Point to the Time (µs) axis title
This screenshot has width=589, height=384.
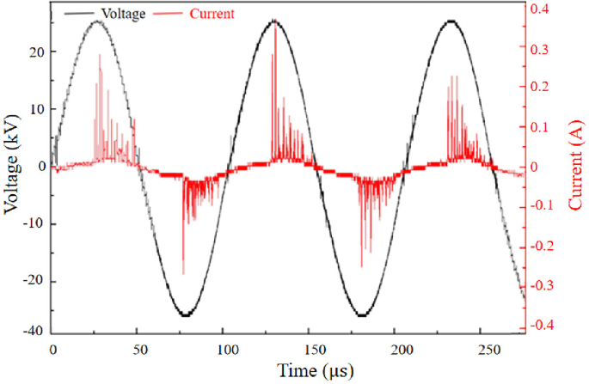tap(314, 370)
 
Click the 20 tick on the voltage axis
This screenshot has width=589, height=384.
tap(35, 52)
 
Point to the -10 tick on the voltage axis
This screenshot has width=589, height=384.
tap(32, 224)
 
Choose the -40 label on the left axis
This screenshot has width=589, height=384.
tap(32, 330)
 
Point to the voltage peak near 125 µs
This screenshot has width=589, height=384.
tap(273, 20)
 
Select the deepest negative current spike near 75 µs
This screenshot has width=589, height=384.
tap(183, 274)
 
